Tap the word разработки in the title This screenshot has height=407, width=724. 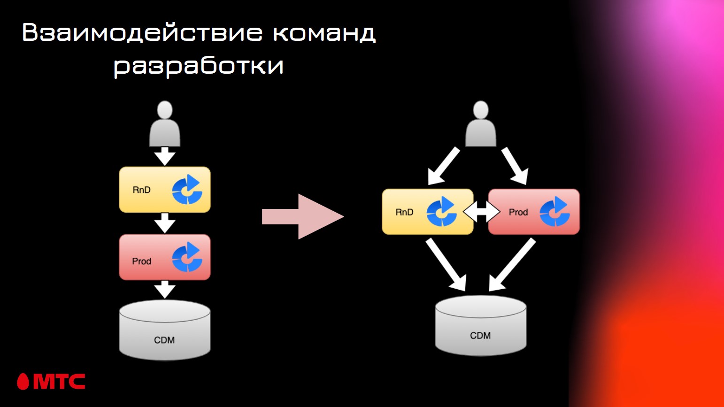click(199, 66)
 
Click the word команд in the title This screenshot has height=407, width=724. click(324, 33)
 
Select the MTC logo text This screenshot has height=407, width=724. click(59, 382)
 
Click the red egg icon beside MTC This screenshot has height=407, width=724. click(23, 382)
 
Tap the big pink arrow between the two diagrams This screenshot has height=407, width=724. click(303, 216)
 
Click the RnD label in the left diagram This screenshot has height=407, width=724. click(141, 190)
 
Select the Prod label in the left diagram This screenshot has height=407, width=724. click(141, 261)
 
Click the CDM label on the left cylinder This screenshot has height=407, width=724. click(164, 340)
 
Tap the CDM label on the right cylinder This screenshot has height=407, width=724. click(480, 336)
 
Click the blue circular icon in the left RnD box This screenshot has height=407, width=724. click(187, 190)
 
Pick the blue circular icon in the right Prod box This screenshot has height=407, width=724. click(555, 212)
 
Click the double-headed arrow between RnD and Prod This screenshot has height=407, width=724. click(481, 212)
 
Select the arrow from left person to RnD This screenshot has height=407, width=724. click(165, 156)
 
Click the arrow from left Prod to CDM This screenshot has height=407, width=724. click(165, 290)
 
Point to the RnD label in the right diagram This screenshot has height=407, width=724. click(404, 212)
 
